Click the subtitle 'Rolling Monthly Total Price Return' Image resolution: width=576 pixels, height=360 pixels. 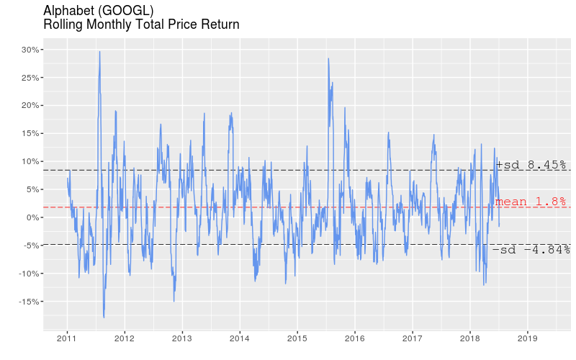[x=141, y=24]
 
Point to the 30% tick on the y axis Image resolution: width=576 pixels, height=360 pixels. [x=30, y=50]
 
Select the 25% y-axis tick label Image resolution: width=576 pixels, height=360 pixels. [x=30, y=78]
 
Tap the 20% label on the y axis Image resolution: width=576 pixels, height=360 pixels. [x=30, y=106]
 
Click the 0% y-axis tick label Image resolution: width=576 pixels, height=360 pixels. [x=32, y=217]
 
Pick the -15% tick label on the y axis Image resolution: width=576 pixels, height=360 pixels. [x=28, y=302]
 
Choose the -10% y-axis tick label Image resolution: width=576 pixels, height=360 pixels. [x=28, y=274]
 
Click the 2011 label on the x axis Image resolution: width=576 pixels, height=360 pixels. [x=67, y=338]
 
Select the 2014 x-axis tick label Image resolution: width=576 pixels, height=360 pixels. [x=240, y=338]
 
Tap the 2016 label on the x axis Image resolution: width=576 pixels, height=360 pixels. [x=355, y=338]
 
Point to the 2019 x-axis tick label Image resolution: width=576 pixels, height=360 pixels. [x=528, y=338]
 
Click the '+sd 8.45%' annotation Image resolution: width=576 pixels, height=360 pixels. [x=531, y=166]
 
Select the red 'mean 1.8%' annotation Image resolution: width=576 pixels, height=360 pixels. [x=531, y=202]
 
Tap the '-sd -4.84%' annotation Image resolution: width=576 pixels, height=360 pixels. [x=531, y=250]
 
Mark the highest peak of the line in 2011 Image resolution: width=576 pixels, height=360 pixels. [x=99, y=51]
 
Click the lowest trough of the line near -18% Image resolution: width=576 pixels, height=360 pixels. [x=104, y=317]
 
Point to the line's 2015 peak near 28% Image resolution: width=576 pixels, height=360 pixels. [x=328, y=58]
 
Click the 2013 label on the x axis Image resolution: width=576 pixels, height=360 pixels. [x=182, y=338]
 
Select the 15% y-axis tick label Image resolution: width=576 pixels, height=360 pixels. [x=30, y=134]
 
